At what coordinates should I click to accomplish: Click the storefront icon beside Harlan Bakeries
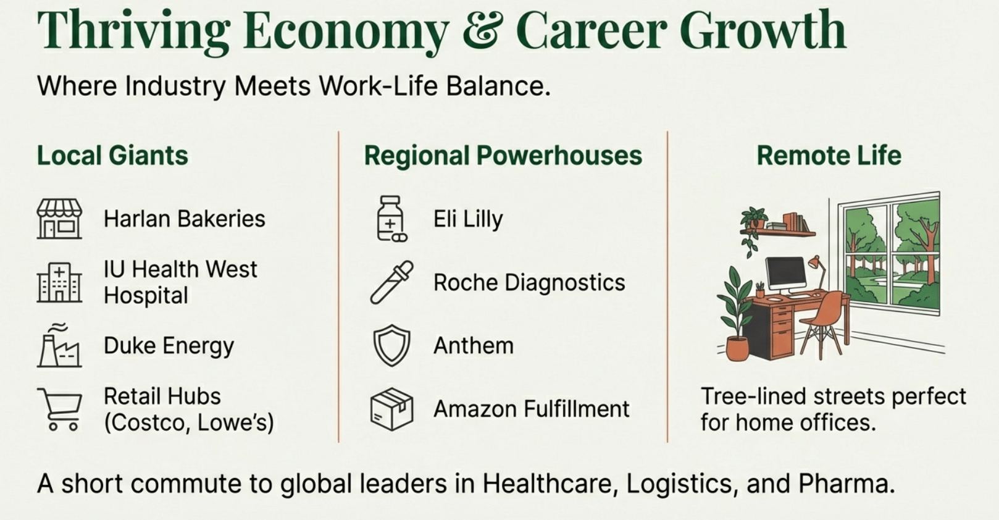(59, 219)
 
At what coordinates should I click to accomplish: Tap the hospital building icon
(59, 282)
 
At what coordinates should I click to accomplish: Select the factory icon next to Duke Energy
(59, 345)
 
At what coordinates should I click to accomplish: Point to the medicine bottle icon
(391, 219)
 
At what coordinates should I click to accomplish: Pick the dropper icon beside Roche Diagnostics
(391, 282)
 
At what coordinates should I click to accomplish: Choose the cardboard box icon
(391, 409)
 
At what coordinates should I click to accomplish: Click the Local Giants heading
(112, 155)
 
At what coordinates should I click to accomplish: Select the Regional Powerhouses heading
(503, 156)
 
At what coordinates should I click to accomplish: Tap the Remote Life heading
(829, 155)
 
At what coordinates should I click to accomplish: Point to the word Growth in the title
(763, 30)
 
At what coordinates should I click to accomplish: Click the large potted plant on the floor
(735, 314)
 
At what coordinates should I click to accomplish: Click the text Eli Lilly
(468, 219)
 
